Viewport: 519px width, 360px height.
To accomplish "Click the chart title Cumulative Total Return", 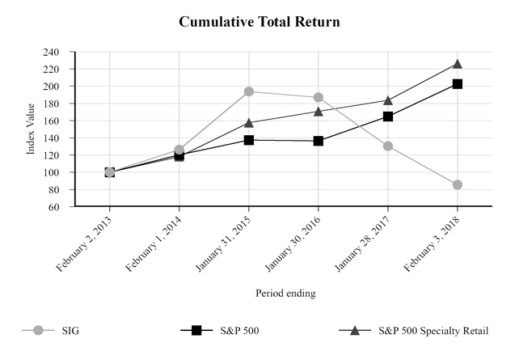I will click(259, 22).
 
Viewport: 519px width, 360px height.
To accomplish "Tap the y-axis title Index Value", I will click(32, 129).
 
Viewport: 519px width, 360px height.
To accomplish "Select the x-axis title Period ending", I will click(285, 292).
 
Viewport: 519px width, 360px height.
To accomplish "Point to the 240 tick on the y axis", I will click(61, 52).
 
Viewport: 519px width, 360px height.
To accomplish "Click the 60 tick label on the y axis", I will click(63, 207).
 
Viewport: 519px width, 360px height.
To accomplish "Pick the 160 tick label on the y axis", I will click(61, 121).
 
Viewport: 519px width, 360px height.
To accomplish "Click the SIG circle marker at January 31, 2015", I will click(249, 91).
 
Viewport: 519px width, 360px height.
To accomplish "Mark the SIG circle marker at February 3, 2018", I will click(458, 184).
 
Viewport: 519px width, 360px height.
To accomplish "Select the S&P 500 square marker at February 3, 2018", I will click(458, 84).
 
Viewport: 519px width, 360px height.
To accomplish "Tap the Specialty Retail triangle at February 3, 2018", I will click(458, 64).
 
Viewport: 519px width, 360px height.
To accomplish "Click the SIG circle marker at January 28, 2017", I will click(388, 146).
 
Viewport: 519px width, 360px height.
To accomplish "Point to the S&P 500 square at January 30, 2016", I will click(319, 141).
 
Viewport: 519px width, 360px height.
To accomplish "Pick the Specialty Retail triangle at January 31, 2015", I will click(249, 123).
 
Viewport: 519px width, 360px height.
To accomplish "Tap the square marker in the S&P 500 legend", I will click(195, 331).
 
